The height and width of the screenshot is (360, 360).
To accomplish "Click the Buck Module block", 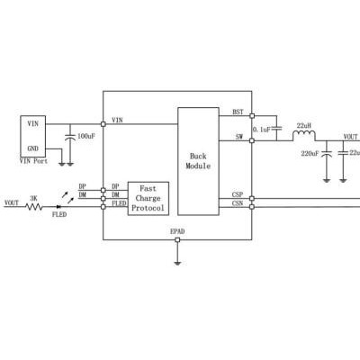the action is pos(198,161).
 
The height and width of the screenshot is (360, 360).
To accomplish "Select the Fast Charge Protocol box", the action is pos(148,198).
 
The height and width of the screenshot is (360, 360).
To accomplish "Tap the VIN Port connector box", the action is pos(33,137).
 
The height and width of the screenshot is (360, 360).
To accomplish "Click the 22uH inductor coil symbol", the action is pos(304,136).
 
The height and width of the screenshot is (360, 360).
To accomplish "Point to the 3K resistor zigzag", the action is pos(33,207).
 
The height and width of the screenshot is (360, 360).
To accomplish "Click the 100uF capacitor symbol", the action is pos(70,137).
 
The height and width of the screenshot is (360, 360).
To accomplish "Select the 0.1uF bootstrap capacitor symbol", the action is pos(276,129).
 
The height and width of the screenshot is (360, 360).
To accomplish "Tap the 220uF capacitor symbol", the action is pos(327,154).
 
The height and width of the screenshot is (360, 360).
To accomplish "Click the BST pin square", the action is pos(252,116).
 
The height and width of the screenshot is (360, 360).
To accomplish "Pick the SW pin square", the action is pos(252,140).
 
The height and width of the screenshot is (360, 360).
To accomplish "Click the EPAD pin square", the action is pos(177,239).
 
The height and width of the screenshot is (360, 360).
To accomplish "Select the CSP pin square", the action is pos(252,198).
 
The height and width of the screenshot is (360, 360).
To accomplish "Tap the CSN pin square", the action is pos(252,207).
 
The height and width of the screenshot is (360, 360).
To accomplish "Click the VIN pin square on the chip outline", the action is pos(103,124).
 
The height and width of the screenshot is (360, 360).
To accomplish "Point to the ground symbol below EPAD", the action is pos(177,263).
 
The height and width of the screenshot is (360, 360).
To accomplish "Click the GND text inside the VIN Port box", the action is pos(33,148).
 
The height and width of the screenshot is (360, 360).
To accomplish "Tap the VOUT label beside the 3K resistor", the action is pos(12,203).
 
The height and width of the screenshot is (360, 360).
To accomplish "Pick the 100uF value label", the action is pos(86,136).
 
